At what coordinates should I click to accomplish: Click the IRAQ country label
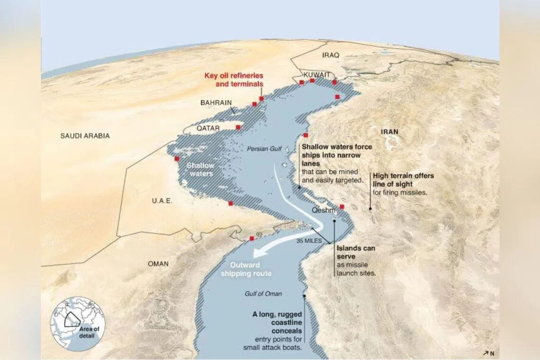coord(331,55)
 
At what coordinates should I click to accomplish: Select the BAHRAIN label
coord(216,102)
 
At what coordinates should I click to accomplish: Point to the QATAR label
coord(208,128)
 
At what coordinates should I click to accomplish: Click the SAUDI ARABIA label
coord(85,136)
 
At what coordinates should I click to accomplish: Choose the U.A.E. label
coord(162,201)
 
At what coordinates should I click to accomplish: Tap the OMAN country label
coord(158,264)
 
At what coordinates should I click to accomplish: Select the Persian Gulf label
coord(264,149)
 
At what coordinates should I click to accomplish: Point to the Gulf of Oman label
coord(263,294)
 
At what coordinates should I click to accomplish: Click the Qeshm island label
coord(324,210)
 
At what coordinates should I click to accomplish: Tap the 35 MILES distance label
coord(309,241)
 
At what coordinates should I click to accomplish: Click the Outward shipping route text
coord(251,270)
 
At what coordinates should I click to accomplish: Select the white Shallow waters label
coord(200,170)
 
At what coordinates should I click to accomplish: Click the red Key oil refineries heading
coord(234,80)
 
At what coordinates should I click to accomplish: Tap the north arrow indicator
coord(489,352)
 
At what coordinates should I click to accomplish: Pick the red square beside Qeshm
coord(342,207)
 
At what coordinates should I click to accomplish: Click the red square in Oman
coord(252,238)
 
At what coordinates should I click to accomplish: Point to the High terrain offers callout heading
coord(403,180)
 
